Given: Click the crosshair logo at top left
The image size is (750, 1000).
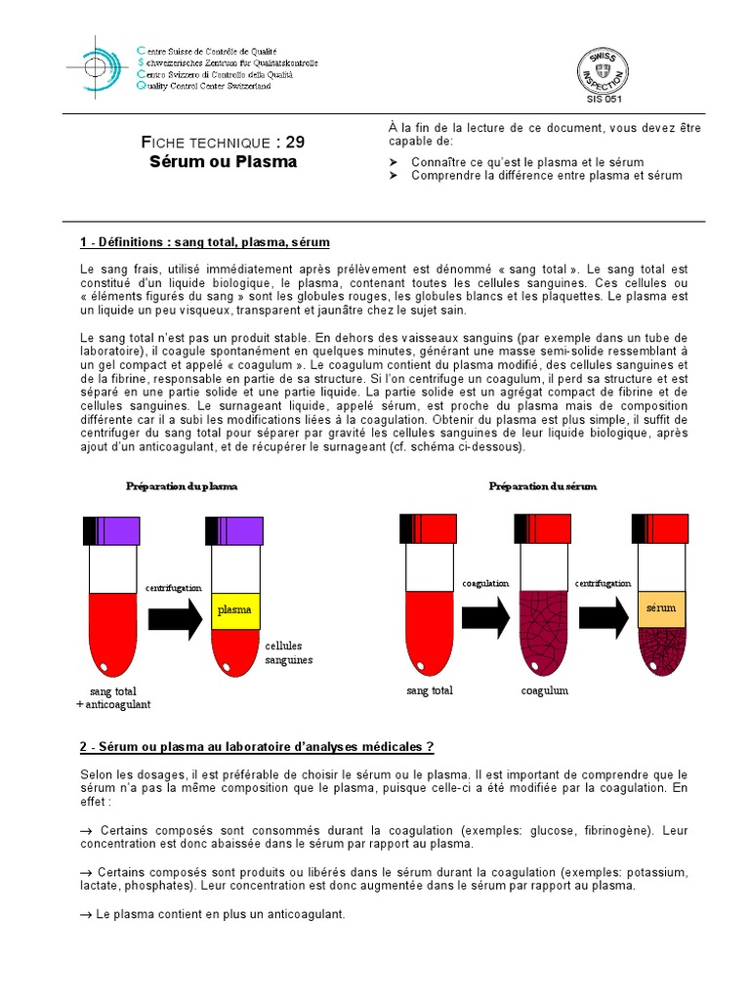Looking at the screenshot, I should click(96, 66).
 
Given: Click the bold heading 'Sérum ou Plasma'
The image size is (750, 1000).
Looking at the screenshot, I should click(224, 161).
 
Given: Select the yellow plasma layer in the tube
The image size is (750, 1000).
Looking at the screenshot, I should click(234, 610).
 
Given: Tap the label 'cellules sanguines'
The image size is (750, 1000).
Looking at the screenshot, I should click(288, 652).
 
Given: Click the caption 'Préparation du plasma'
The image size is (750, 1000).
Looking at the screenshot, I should click(182, 485).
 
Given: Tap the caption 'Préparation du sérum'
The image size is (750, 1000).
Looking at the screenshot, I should click(542, 485).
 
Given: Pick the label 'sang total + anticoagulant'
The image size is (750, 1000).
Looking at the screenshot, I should click(114, 697).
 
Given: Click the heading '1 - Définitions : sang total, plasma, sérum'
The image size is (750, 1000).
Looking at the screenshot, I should click(205, 242).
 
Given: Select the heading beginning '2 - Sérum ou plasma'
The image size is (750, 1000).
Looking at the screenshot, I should click(257, 747).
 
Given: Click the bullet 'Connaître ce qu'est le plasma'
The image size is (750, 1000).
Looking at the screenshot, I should click(527, 161).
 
